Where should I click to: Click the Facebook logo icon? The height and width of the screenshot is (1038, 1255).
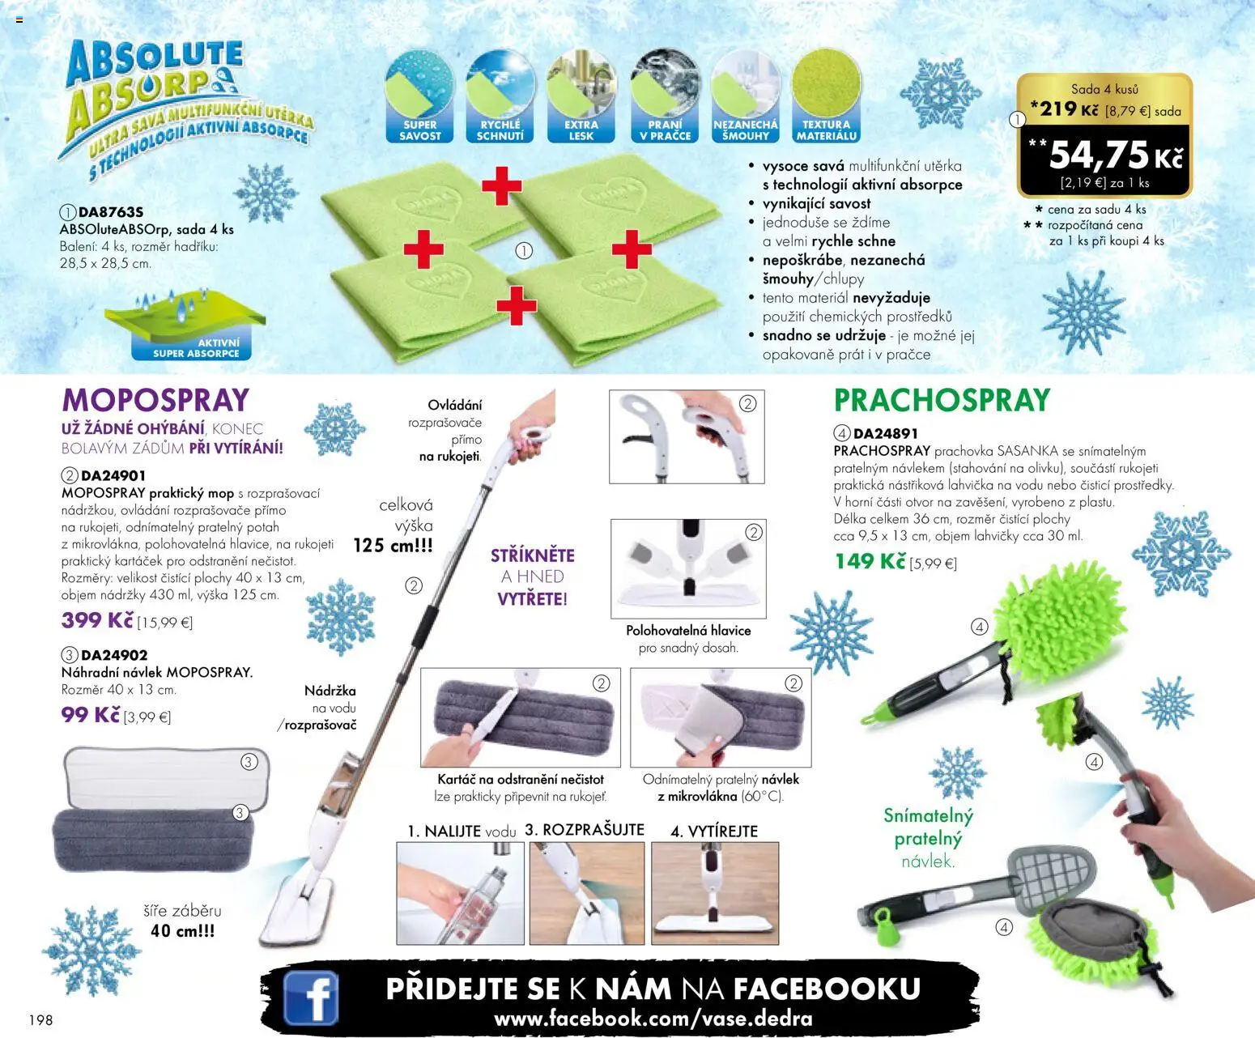[x=311, y=998]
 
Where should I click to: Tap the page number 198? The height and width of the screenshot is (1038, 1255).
[x=40, y=1019]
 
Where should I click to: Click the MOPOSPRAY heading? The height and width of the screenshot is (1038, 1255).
[x=155, y=400]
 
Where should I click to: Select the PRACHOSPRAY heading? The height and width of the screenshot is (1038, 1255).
[x=942, y=400]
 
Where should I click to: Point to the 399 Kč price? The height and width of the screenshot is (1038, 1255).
[x=97, y=620]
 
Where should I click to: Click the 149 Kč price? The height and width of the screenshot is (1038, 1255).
[x=870, y=560]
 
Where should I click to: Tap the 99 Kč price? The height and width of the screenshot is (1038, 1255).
[x=90, y=715]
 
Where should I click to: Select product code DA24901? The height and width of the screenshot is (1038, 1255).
[x=113, y=475]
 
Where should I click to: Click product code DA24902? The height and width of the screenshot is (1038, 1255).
[x=114, y=655]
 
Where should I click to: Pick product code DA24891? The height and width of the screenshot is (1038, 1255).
[x=886, y=433]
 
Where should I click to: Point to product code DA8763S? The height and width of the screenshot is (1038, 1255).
[x=110, y=212]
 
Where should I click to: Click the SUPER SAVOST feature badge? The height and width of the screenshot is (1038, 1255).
[x=420, y=96]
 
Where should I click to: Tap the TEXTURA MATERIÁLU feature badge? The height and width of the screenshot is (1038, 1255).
[x=826, y=96]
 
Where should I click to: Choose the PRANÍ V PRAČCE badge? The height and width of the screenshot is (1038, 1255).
[x=665, y=96]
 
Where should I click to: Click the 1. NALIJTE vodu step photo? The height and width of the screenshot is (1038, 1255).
[x=460, y=892]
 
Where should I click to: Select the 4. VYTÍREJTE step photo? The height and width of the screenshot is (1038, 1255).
[x=715, y=892]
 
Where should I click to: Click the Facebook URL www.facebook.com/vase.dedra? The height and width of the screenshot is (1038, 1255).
[x=653, y=1018]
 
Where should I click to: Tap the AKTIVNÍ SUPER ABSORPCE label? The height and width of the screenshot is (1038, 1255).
[x=197, y=348]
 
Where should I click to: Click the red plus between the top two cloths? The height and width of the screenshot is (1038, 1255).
[x=501, y=186]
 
